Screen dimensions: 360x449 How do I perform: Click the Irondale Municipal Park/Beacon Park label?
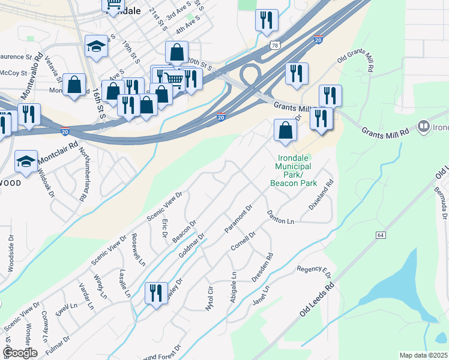click(292, 170)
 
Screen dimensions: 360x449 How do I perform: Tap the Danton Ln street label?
click(280, 217)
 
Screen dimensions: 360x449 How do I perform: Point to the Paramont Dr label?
click(238, 220)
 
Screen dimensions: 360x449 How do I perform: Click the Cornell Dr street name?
click(243, 240)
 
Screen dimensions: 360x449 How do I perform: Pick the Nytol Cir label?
click(209, 298)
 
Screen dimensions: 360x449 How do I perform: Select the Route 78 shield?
click(274, 46)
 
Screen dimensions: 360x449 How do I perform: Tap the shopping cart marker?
click(174, 79)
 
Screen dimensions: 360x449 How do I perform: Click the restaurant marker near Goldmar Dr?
click(156, 293)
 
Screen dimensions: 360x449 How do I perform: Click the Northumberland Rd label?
click(82, 171)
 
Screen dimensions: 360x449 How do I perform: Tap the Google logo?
click(20, 353)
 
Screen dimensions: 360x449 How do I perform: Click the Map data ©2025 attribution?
click(423, 355)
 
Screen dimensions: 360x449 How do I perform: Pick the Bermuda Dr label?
click(442, 204)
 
